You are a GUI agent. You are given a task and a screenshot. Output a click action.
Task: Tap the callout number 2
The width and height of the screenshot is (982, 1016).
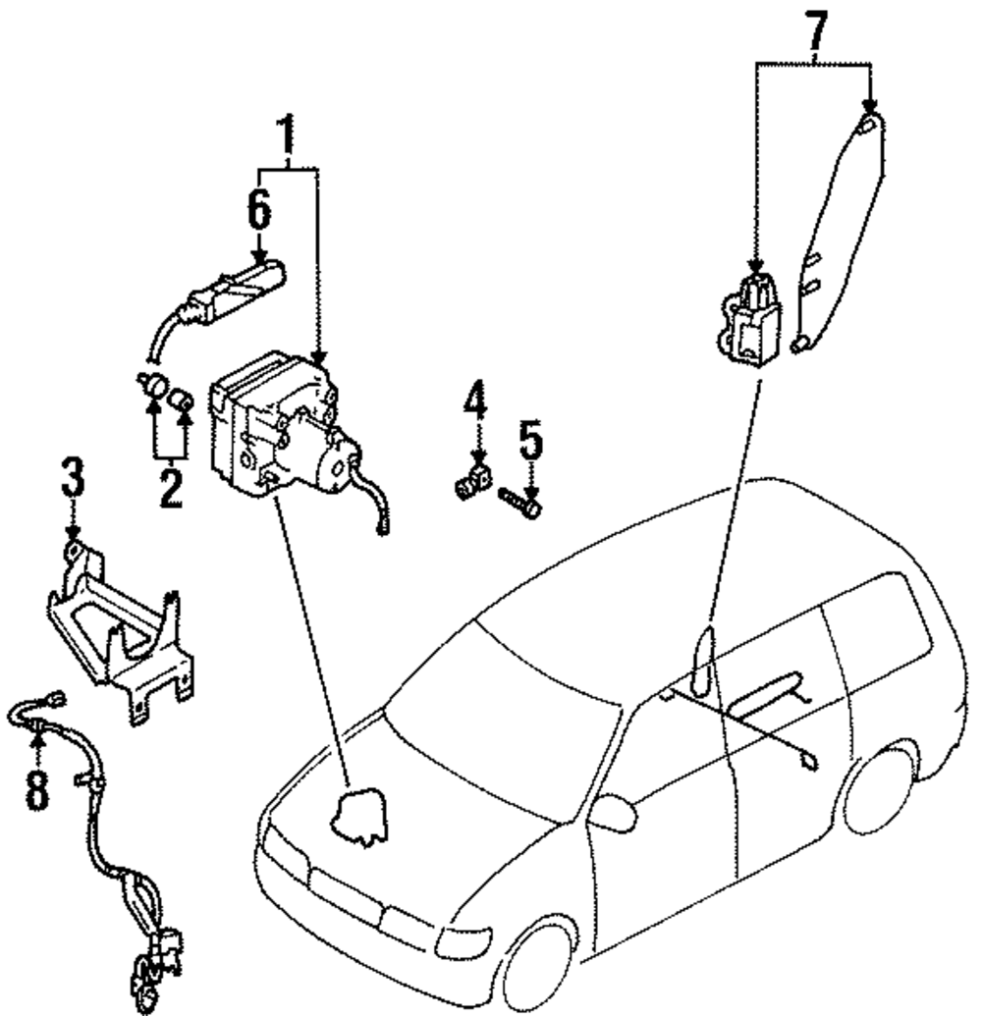click(x=171, y=488)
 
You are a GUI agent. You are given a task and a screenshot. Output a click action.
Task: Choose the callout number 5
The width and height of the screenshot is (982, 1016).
click(x=530, y=443)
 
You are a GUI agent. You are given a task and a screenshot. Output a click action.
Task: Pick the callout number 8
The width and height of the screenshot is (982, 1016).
click(x=36, y=788)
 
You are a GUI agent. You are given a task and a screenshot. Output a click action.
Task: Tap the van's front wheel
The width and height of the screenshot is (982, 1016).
click(x=538, y=967)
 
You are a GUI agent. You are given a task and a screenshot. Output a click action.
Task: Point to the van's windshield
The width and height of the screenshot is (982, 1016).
click(x=501, y=707)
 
